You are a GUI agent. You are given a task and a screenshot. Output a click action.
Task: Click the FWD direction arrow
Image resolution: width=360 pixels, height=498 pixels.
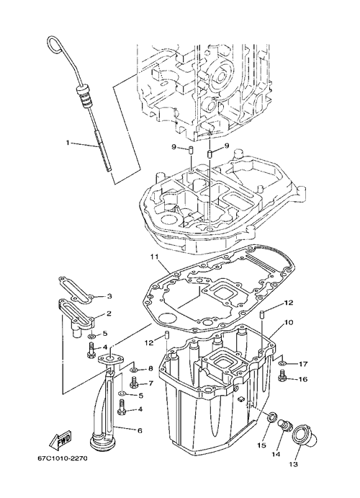coord(60,439)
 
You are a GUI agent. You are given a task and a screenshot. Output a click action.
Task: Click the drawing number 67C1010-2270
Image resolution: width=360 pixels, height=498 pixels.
coord(62,458)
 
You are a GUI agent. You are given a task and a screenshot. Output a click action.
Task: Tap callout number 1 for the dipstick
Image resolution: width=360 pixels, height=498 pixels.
coord(67,143)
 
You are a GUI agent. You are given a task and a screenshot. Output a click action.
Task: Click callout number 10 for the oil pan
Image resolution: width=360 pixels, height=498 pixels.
coord(289,322)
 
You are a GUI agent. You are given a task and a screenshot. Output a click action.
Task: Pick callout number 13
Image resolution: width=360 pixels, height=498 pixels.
coord(293,464)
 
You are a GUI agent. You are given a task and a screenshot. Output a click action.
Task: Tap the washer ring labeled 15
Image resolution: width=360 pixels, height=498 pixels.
coord(272,417)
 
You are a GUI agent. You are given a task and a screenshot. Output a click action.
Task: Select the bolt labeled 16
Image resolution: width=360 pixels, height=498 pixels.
coord(282,377)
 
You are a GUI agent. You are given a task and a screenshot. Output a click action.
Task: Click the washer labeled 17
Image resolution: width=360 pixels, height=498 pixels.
coord(282,363)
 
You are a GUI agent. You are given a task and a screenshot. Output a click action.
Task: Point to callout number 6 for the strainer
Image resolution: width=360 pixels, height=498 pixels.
coord(140,431)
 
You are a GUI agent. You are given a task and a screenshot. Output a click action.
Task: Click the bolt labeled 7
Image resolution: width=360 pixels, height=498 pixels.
coord(134,383)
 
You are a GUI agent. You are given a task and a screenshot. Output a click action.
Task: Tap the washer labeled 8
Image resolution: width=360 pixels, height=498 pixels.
coord(134,370)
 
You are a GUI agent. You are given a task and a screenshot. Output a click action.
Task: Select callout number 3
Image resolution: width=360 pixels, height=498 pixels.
coord(109,297)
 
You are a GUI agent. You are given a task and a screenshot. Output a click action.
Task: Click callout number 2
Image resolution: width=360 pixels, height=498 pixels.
coord(109,314)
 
